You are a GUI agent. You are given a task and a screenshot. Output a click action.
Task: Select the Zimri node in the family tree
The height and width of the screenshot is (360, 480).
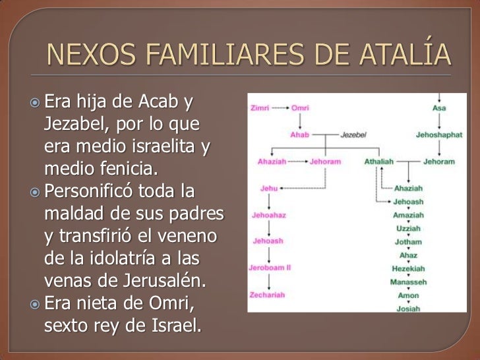260,107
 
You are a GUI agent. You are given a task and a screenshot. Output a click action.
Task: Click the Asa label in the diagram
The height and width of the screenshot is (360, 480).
438,107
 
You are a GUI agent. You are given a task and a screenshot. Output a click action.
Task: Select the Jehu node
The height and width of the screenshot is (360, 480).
268,188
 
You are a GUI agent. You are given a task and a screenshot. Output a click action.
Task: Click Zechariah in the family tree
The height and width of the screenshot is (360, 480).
268,295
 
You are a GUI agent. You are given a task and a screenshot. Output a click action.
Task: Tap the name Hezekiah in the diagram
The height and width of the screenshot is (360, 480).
409,268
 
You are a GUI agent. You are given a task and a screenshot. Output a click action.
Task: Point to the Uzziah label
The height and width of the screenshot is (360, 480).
408,227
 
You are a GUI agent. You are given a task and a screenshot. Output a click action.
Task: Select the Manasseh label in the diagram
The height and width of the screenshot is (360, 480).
409,282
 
